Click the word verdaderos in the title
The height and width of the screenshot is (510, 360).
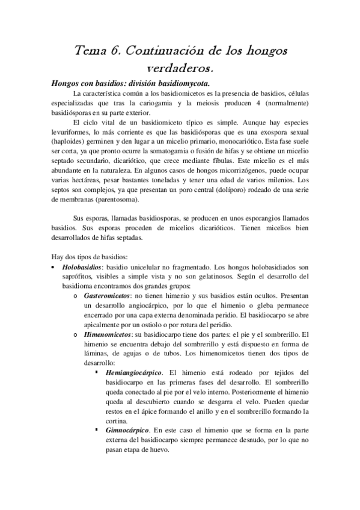click(180, 66)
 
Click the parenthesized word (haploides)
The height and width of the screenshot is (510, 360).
click(70, 143)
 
